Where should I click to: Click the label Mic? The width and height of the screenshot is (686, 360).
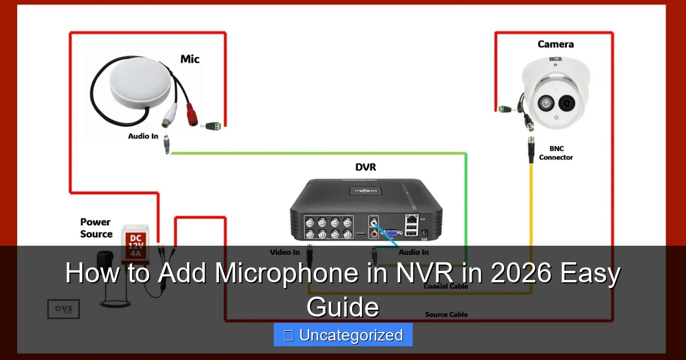tap(190, 59)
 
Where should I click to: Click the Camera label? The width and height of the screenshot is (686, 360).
tap(555, 44)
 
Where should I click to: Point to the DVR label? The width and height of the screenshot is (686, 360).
tap(365, 167)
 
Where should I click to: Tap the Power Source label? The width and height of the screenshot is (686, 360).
tap(95, 228)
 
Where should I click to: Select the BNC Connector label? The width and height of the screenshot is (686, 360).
tap(556, 153)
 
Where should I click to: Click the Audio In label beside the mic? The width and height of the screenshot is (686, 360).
tap(142, 137)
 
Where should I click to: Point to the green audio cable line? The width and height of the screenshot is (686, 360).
tap(320, 153)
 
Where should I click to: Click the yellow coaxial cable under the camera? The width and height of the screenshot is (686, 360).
tap(532, 206)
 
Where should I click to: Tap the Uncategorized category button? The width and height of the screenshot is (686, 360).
tap(343, 335)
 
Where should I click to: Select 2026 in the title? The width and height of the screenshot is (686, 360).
tap(517, 274)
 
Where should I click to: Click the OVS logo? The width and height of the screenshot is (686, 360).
tap(63, 309)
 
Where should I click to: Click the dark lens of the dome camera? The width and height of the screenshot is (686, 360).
tap(567, 103)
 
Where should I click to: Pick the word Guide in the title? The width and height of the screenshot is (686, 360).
tap(343, 307)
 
